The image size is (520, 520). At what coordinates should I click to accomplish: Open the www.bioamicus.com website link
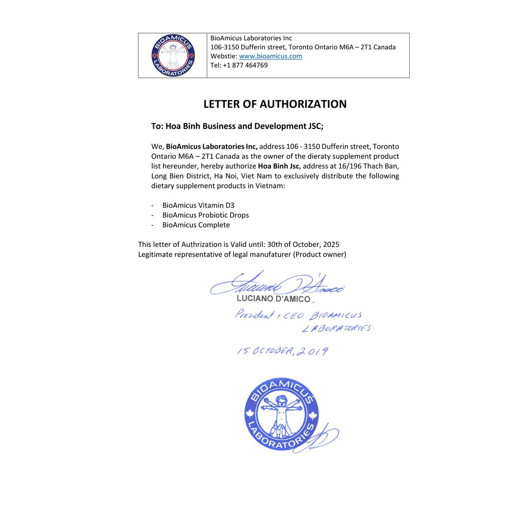pyautogui.click(x=270, y=56)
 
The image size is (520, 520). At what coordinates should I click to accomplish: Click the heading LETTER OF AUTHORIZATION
pyautogui.click(x=275, y=104)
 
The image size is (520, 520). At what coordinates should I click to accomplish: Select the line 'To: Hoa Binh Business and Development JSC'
pyautogui.click(x=237, y=126)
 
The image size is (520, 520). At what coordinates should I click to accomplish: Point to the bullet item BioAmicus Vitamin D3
pyautogui.click(x=198, y=205)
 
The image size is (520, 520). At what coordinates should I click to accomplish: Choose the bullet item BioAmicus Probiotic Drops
pyautogui.click(x=205, y=215)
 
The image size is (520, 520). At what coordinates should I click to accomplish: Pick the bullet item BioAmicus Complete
pyautogui.click(x=196, y=224)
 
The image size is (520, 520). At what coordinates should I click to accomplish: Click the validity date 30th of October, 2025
pyautogui.click(x=303, y=244)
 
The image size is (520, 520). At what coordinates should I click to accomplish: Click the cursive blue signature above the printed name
pyautogui.click(x=277, y=285)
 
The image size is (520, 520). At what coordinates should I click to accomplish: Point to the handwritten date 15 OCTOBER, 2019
pyautogui.click(x=282, y=351)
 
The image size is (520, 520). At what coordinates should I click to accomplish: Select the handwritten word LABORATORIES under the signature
pyautogui.click(x=336, y=328)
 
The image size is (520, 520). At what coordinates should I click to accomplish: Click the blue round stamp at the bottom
pyautogui.click(x=281, y=414)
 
